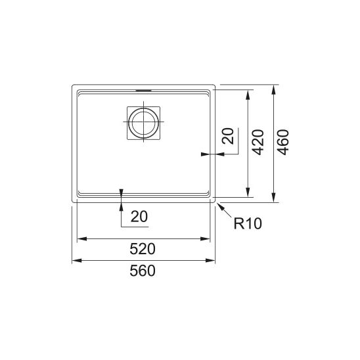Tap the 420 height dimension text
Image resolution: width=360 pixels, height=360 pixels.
click(258, 143)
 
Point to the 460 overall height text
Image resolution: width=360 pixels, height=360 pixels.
click(284, 143)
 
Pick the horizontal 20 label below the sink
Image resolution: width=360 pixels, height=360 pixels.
click(139, 217)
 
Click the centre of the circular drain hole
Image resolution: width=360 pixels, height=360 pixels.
click(143, 122)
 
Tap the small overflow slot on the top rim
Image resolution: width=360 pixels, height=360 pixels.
click(143, 87)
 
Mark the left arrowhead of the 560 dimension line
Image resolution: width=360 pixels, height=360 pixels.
click(74, 261)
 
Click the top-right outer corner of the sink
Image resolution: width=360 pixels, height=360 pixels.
click(215, 85)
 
